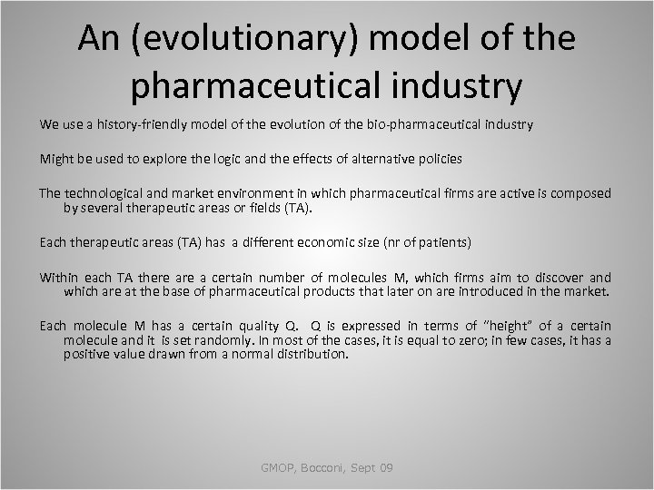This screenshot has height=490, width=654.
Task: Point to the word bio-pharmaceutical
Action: (408, 123)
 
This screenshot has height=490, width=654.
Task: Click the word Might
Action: (54, 159)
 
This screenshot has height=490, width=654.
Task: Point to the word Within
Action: (57, 278)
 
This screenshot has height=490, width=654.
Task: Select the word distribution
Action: (309, 354)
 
